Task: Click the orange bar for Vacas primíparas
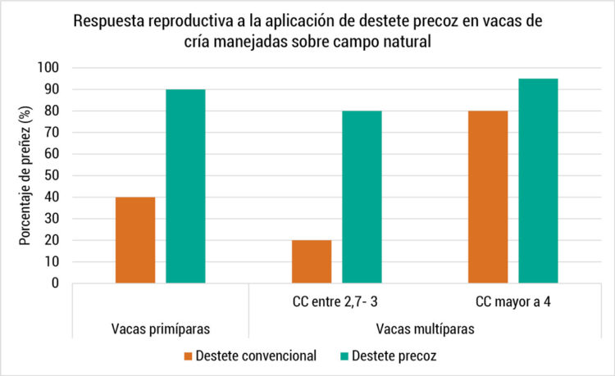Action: coord(135,240)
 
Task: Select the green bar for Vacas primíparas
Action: coord(185,186)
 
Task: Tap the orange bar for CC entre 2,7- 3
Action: coord(312,261)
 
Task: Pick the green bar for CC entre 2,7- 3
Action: coord(362,197)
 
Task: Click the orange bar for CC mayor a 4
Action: coord(488,197)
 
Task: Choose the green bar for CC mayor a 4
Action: coord(538,181)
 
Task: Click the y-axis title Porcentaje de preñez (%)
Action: coord(26,175)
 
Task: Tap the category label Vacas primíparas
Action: coord(161,328)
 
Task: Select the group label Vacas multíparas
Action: coord(425,328)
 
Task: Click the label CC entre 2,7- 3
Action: coord(336,301)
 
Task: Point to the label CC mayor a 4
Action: coord(512,301)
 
